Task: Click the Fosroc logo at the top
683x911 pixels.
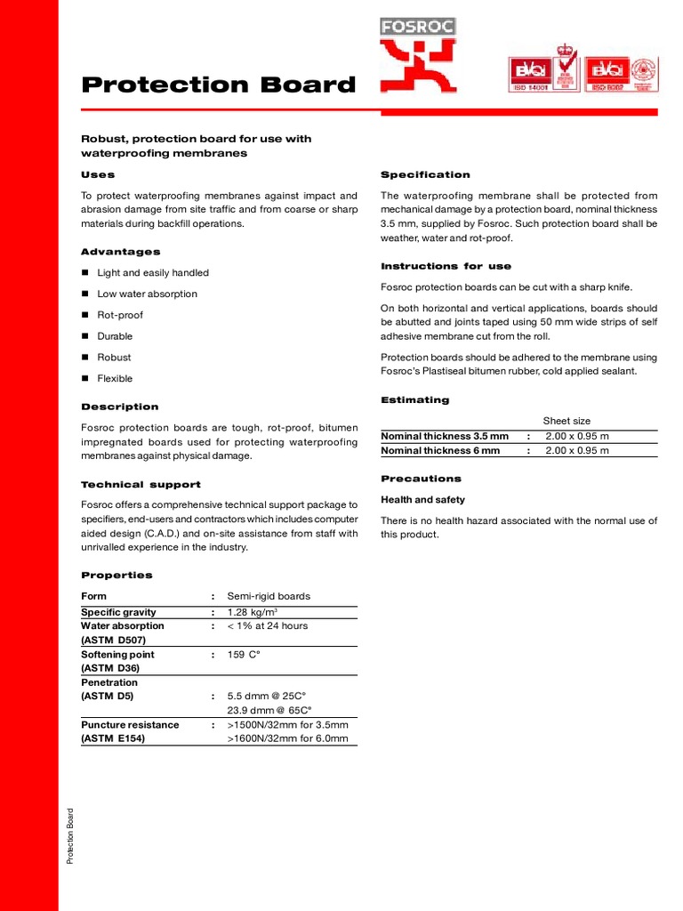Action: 418,55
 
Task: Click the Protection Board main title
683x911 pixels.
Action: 218,85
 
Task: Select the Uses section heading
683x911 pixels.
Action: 98,174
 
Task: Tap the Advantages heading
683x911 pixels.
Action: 120,252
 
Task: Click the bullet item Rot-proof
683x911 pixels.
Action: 120,315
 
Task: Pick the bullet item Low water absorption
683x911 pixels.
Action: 147,294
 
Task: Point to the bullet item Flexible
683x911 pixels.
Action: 115,378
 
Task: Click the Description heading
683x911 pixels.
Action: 120,407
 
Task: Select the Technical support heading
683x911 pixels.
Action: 141,485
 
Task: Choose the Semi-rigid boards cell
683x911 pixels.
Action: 269,596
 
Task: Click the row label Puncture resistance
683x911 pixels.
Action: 130,724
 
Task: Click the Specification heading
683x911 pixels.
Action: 425,174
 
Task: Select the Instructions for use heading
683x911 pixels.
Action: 446,266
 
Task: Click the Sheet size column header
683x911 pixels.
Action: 566,421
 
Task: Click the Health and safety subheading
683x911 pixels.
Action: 422,500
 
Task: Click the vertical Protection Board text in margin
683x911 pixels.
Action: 71,834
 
